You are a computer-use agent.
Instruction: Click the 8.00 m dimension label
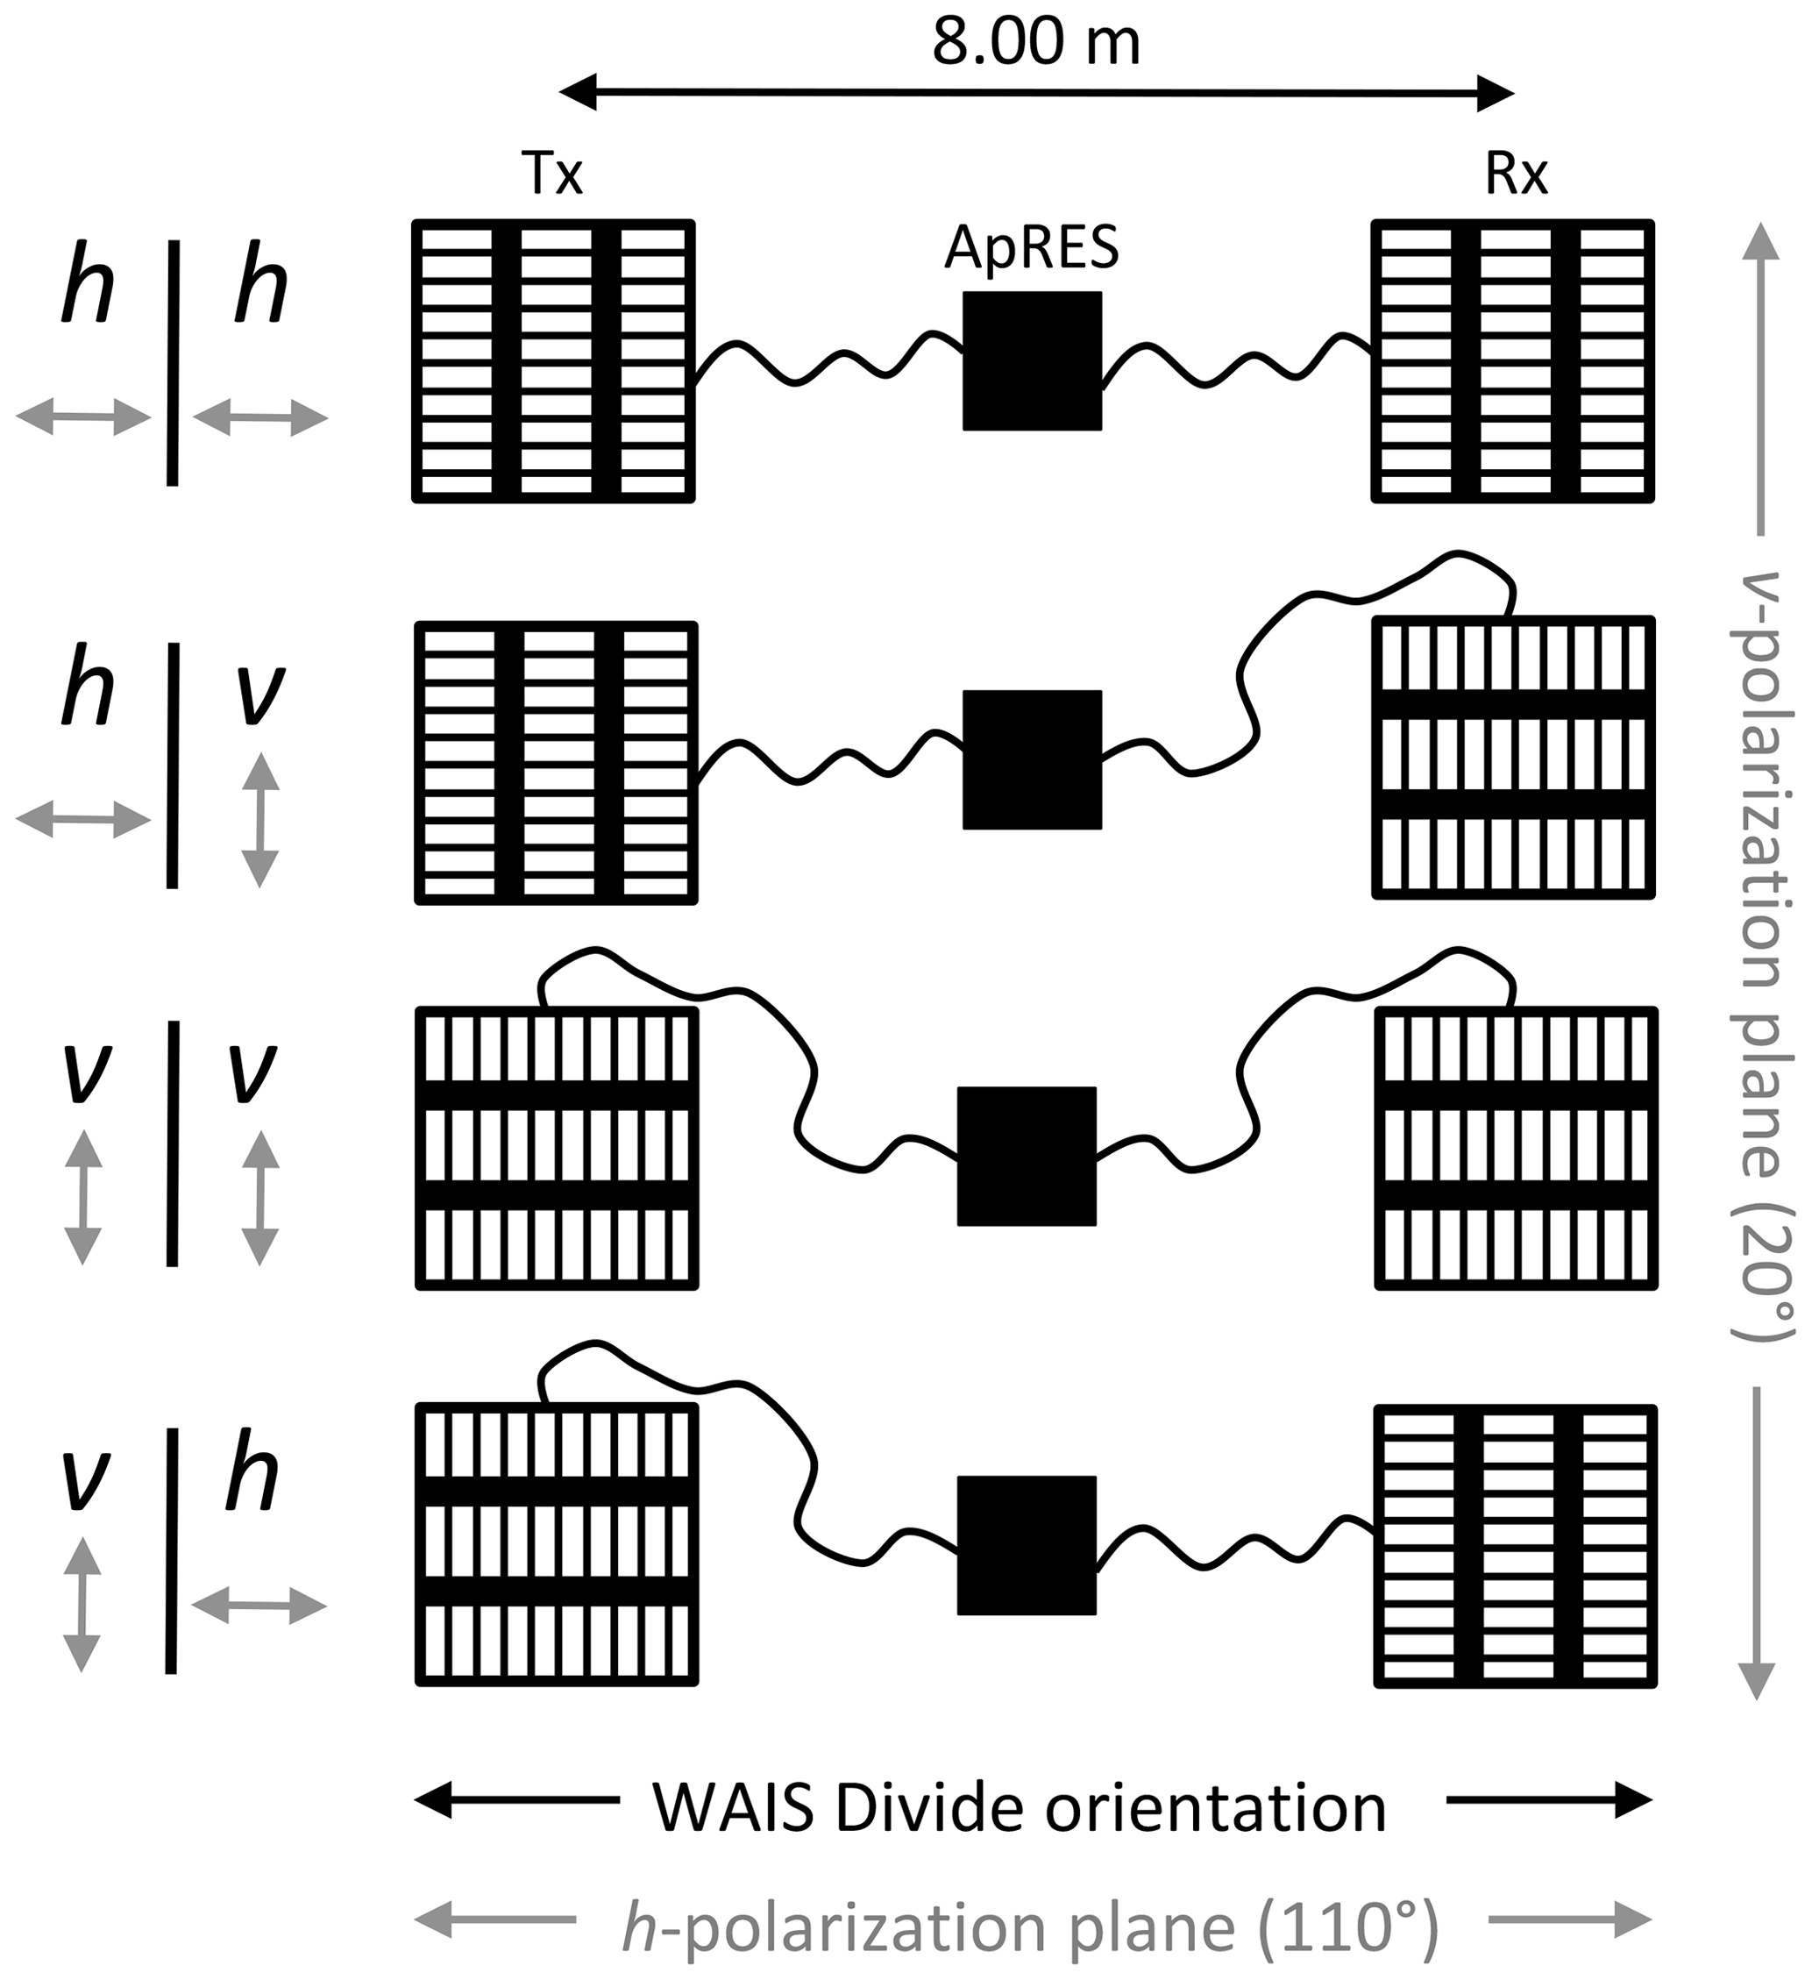click(1036, 44)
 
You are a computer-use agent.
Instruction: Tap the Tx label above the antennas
click(552, 174)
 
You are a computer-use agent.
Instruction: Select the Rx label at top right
click(1517, 174)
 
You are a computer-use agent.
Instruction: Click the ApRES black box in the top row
click(1031, 360)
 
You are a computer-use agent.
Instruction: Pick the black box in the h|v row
click(1031, 759)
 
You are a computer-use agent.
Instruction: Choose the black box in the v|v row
click(1027, 1155)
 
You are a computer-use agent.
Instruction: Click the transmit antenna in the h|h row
click(554, 360)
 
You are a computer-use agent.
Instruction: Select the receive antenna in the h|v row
click(1513, 758)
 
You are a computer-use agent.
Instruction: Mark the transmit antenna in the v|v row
click(557, 1147)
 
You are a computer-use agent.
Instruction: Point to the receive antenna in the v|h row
click(1516, 1546)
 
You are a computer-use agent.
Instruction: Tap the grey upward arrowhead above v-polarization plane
click(1759, 240)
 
